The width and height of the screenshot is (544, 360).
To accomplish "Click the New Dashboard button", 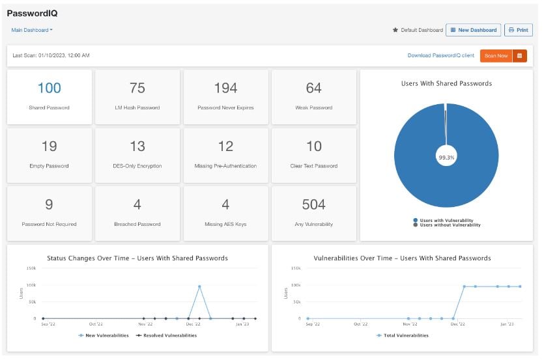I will [x=474, y=30].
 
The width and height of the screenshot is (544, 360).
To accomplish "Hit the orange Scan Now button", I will [x=496, y=56].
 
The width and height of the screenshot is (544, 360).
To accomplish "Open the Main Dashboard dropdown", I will [x=32, y=30].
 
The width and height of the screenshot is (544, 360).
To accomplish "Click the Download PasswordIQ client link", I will [x=441, y=56].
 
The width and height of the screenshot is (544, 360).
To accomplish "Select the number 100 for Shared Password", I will [x=49, y=88].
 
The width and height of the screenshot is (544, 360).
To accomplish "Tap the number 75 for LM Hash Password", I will [x=137, y=88].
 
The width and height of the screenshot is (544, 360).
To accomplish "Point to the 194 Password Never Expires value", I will [x=225, y=88].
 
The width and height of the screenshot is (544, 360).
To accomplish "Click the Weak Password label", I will [x=314, y=108].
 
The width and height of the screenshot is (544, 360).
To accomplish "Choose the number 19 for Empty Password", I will [x=49, y=146].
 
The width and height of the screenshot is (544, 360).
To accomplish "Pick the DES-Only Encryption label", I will [x=137, y=166].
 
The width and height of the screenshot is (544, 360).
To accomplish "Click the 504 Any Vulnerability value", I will [x=314, y=205].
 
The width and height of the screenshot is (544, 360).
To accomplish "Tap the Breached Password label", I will [x=137, y=225].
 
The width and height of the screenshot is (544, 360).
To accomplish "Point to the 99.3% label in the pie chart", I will [x=446, y=157].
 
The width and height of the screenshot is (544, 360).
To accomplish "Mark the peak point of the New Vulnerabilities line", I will [x=199, y=286].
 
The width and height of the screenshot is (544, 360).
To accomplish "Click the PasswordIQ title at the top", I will [x=31, y=13].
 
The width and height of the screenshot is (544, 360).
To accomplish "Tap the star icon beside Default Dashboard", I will [x=395, y=30].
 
